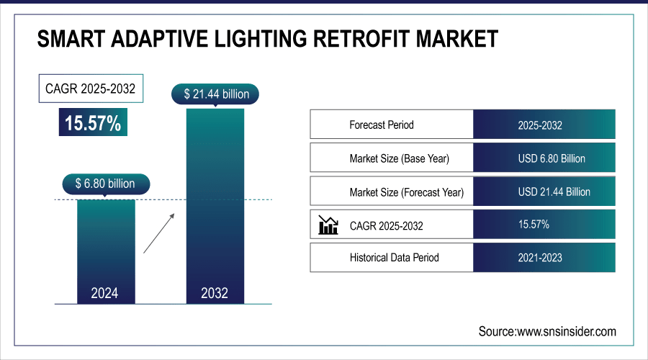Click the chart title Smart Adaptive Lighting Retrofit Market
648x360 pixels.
(x=267, y=39)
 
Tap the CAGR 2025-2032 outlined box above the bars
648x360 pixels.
(x=89, y=90)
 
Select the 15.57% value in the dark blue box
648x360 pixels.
(x=93, y=122)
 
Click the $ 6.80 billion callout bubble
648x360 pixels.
(x=105, y=184)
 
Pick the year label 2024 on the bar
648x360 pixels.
(x=105, y=293)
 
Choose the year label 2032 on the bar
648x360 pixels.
(x=215, y=293)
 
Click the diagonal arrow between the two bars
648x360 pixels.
(x=158, y=232)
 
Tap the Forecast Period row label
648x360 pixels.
(x=382, y=125)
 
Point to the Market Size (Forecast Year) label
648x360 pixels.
(x=407, y=192)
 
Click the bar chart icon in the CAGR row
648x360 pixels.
(x=328, y=225)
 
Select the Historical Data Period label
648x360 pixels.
(x=395, y=257)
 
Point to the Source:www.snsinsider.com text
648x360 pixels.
(x=547, y=331)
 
